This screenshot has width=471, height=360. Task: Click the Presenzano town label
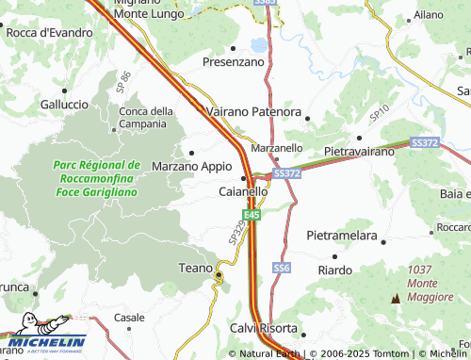tap(235, 62)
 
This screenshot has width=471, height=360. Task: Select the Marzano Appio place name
tap(191, 166)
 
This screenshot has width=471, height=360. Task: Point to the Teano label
tap(196, 269)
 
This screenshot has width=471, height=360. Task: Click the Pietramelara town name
tap(342, 234)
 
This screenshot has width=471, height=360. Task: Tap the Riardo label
tap(335, 270)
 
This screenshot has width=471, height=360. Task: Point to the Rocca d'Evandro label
tap(49, 33)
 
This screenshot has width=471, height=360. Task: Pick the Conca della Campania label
tap(146, 118)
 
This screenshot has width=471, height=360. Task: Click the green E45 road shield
tap(250, 216)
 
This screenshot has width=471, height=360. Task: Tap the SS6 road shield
tap(282, 269)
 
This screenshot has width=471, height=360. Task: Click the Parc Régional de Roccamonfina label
tap(97, 177)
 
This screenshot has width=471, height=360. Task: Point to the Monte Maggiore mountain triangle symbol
tap(396, 299)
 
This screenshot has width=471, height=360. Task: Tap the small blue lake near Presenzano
tap(258, 43)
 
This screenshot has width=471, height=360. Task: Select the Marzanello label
tap(277, 148)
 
